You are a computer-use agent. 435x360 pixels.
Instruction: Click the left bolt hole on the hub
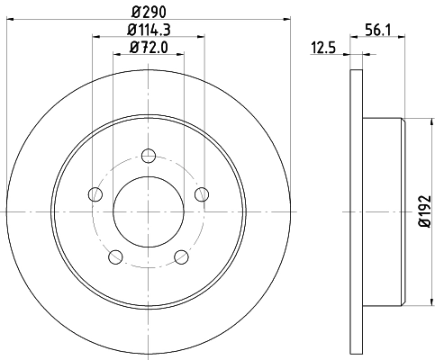pyautogui.click(x=95, y=193)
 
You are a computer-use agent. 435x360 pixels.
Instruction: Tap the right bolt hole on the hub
pyautogui.click(x=202, y=193)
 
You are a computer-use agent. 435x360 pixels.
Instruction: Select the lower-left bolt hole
pyautogui.click(x=115, y=257)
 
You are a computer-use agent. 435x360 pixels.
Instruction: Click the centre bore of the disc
pyautogui.click(x=149, y=212)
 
